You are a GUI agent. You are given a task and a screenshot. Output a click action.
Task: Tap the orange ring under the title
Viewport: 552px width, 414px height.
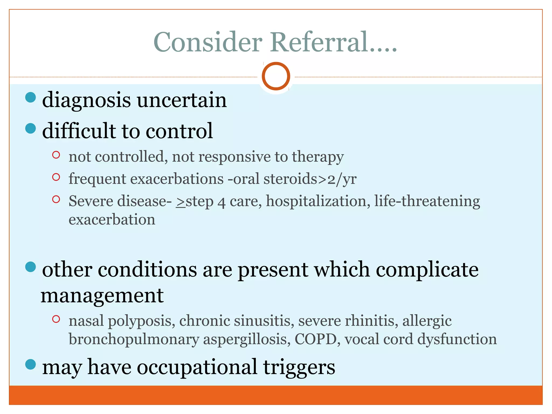click(x=276, y=76)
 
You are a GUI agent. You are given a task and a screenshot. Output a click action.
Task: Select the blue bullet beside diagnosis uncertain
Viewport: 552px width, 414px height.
click(x=30, y=97)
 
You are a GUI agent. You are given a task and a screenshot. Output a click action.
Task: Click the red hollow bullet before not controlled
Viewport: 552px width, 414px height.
click(x=56, y=155)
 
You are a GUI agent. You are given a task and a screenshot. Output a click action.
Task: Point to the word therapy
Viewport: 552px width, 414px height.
click(x=318, y=157)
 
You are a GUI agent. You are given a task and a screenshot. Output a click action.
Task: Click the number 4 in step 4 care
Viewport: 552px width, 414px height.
click(x=221, y=202)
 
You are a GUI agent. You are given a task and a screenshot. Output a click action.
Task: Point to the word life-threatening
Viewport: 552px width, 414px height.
click(x=427, y=201)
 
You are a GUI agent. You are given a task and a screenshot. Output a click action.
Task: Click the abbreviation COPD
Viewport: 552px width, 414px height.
click(x=315, y=339)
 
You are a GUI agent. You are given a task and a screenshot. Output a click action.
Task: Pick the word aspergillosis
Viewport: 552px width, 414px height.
click(x=246, y=339)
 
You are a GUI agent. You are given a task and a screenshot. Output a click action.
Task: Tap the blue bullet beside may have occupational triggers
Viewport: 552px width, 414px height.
click(x=30, y=364)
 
